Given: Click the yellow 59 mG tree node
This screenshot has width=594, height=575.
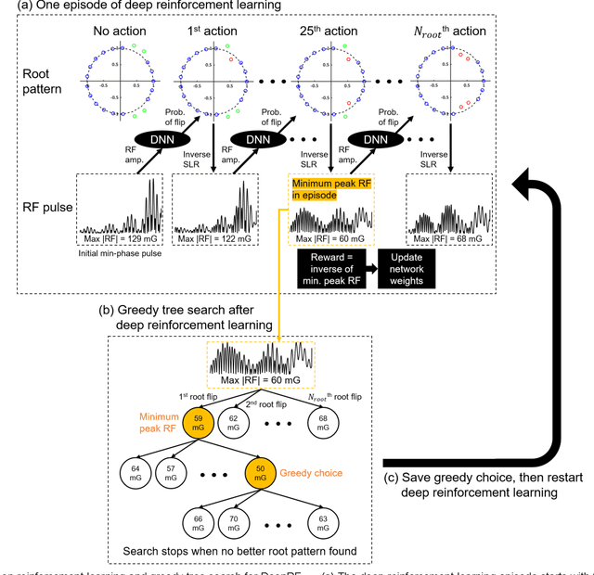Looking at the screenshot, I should pyautogui.click(x=199, y=424).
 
